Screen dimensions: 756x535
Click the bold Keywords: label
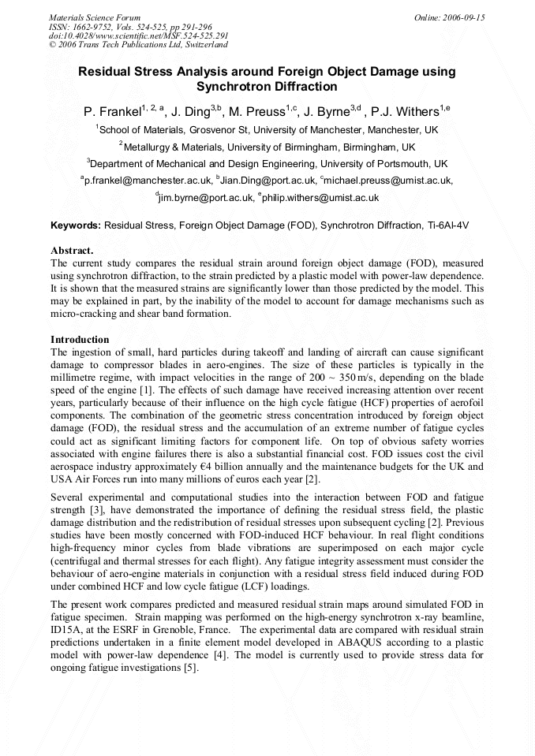coord(76,225)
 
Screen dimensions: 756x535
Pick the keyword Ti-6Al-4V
coord(447,225)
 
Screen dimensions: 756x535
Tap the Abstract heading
coord(72,250)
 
